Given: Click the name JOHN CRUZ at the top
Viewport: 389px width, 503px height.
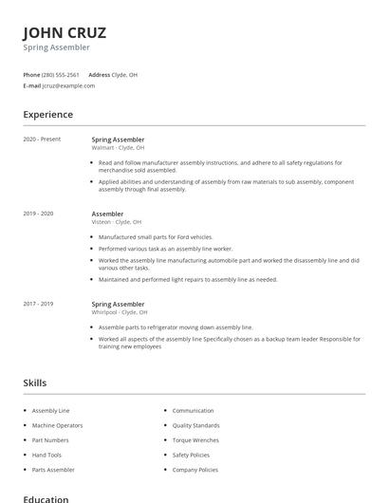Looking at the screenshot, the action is pyautogui.click(x=65, y=31).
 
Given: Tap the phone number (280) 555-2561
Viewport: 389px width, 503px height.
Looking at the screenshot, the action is pyautogui.click(x=61, y=74).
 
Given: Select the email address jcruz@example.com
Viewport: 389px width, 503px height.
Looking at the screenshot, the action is pyautogui.click(x=68, y=85).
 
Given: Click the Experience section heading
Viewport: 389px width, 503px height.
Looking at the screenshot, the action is pyautogui.click(x=48, y=115).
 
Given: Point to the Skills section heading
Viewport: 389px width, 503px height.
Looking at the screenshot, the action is pyautogui.click(x=35, y=382).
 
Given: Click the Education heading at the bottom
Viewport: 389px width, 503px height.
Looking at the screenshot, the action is pyautogui.click(x=46, y=498).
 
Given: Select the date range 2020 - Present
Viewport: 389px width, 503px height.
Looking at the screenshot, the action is pyautogui.click(x=42, y=140).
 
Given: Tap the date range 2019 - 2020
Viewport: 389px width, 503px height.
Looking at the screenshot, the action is pyautogui.click(x=39, y=214).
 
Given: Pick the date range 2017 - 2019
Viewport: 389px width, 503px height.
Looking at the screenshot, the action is pyautogui.click(x=39, y=304).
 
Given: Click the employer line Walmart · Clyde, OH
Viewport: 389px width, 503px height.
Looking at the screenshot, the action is pyautogui.click(x=118, y=148).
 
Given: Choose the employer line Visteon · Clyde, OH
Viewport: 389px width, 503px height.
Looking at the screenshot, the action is pyautogui.click(x=117, y=222).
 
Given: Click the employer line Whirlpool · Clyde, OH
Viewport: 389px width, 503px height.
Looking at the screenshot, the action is pyautogui.click(x=120, y=312).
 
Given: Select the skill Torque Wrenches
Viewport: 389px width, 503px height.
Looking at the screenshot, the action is pyautogui.click(x=195, y=440).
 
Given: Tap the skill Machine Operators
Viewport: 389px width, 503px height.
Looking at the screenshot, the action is pyautogui.click(x=57, y=425).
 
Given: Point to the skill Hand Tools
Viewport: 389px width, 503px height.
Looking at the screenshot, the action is pyautogui.click(x=47, y=455).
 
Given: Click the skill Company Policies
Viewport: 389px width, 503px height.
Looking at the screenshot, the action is pyautogui.click(x=195, y=470).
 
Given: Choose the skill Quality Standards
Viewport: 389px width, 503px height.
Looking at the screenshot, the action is pyautogui.click(x=195, y=425).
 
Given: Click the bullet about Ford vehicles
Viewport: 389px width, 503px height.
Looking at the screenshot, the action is pyautogui.click(x=156, y=237).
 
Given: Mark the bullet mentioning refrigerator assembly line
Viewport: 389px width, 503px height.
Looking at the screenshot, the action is pyautogui.click(x=176, y=326).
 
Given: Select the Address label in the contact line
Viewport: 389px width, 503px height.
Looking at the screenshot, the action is pyautogui.click(x=99, y=74).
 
